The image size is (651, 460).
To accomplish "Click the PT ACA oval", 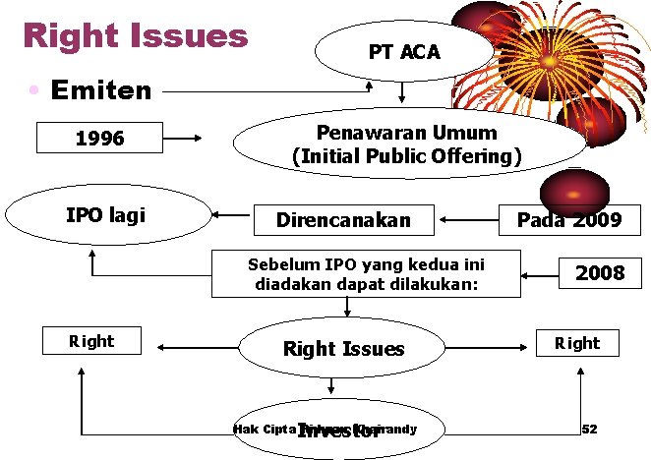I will click(x=404, y=52).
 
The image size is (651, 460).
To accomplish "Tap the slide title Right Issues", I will click(x=136, y=36).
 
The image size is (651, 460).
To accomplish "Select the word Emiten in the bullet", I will click(x=101, y=91).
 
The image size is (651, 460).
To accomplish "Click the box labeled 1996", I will click(x=99, y=139).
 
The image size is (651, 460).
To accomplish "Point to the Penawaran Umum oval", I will click(x=406, y=144).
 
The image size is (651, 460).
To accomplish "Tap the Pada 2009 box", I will click(x=569, y=219).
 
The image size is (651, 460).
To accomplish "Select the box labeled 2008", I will click(x=600, y=272).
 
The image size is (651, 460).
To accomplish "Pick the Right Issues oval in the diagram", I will click(x=343, y=348).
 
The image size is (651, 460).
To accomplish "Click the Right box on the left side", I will click(x=91, y=341).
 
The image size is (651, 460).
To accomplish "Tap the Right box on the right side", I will click(x=576, y=342).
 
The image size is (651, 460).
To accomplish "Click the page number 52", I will click(x=590, y=430).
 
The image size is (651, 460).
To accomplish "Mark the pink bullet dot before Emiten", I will click(x=33, y=90).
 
